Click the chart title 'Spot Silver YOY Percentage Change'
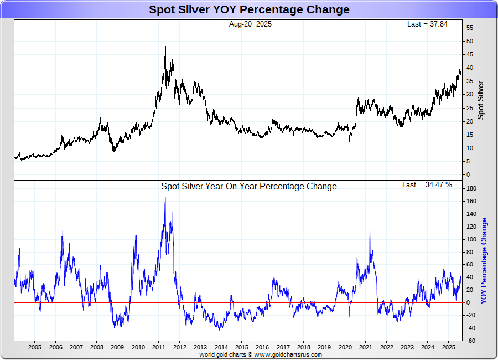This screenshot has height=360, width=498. click(249, 9)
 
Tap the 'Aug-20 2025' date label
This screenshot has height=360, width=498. click(250, 24)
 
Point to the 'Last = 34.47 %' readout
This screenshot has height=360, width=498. click(427, 184)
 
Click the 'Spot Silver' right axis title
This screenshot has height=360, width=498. click(480, 100)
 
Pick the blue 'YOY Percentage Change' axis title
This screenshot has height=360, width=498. click(484, 260)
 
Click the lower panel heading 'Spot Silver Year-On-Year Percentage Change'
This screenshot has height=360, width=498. click(248, 187)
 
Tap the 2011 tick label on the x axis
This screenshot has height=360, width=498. click(159, 347)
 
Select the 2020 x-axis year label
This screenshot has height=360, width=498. click(345, 347)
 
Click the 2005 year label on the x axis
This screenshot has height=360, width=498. click(34, 347)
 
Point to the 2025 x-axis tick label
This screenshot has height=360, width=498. click(448, 347)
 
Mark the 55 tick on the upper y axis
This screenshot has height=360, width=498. click(469, 28)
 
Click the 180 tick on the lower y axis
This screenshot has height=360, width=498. click(471, 189)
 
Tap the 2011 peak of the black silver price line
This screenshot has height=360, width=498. click(165, 43)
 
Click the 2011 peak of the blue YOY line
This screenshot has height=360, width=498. click(165, 198)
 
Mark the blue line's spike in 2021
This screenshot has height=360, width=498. click(370, 231)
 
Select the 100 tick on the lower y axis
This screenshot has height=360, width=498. click(471, 239)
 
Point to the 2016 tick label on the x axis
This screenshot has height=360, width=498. click(262, 347)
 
